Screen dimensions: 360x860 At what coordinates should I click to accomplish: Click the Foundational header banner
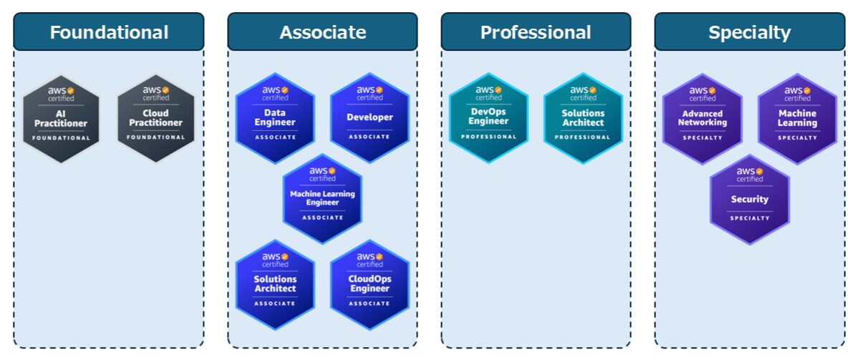pyautogui.click(x=109, y=32)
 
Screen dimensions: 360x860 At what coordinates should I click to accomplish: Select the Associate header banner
pyautogui.click(x=322, y=32)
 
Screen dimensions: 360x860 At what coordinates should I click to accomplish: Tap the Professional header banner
pyautogui.click(x=536, y=32)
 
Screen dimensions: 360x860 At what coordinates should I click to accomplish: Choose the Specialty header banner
pyautogui.click(x=750, y=32)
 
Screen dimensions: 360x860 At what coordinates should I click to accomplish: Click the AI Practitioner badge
pyautogui.click(x=61, y=119)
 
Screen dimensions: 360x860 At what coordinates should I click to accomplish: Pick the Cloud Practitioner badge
pyautogui.click(x=155, y=119)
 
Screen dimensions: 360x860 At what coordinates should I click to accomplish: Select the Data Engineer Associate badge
pyautogui.click(x=275, y=119)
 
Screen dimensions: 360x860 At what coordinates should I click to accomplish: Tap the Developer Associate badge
pyautogui.click(x=369, y=119)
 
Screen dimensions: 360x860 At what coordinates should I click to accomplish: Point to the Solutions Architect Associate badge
pyautogui.click(x=275, y=284)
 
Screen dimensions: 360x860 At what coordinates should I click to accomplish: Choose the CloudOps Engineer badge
pyautogui.click(x=369, y=284)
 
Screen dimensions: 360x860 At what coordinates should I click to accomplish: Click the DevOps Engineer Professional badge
pyautogui.click(x=488, y=119)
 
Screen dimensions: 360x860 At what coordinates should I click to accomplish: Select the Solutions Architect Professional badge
pyautogui.click(x=583, y=119)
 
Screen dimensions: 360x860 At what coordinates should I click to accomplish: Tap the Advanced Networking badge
pyautogui.click(x=702, y=119)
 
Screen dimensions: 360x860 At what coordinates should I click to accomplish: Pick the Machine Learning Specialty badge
pyautogui.click(x=797, y=119)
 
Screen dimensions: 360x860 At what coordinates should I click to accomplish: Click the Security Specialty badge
pyautogui.click(x=750, y=200)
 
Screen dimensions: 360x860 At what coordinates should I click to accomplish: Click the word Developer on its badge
pyautogui.click(x=369, y=117)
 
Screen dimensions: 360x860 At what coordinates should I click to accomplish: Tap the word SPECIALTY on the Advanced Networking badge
pyautogui.click(x=702, y=137)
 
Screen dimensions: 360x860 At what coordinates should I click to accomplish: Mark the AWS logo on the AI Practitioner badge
pyautogui.click(x=61, y=92)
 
